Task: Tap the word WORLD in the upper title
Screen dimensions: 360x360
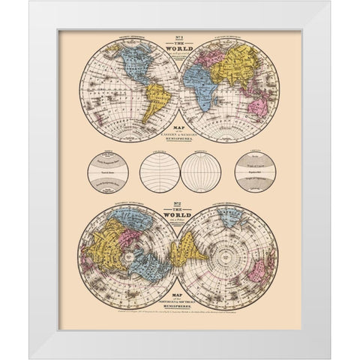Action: (180, 49)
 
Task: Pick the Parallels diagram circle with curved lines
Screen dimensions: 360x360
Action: (160, 170)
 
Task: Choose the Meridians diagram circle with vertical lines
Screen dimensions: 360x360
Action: (201, 170)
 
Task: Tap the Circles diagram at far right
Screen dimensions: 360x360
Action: (253, 170)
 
